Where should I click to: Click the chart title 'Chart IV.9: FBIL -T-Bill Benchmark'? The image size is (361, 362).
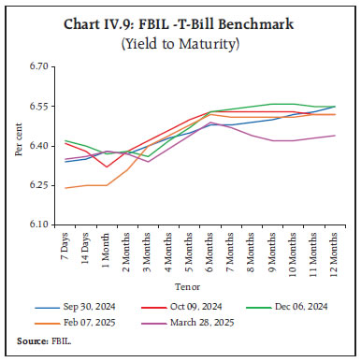point(180,23)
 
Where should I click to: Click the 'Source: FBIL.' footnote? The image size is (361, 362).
point(43,343)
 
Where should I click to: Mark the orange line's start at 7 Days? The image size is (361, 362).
point(65,188)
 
